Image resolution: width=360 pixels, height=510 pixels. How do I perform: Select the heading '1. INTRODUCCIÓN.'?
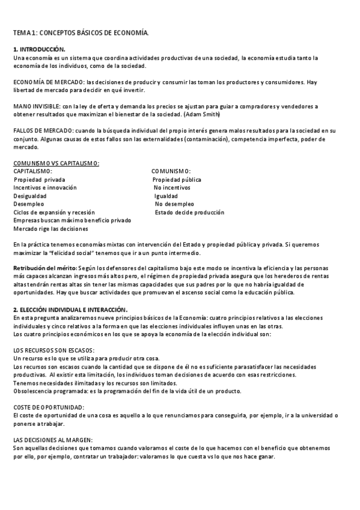pos(39,49)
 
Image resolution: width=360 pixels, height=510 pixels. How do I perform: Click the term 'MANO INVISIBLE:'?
pos(35,106)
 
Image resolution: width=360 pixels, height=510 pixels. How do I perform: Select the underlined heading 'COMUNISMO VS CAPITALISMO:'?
pos(56,164)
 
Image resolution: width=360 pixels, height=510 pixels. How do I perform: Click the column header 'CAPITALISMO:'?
pos(33,171)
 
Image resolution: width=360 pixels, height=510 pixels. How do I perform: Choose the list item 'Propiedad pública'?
pos(177,179)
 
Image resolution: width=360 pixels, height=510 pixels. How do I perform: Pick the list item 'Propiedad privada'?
pos(40,179)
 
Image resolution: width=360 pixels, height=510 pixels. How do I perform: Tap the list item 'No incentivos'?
pos(172,188)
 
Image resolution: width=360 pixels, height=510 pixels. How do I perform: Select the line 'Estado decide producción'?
pos(189,212)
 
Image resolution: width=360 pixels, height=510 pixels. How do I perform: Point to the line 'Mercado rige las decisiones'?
pos(50,229)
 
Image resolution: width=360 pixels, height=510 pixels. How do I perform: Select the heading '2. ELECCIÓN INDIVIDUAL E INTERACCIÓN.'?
pos(70,309)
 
